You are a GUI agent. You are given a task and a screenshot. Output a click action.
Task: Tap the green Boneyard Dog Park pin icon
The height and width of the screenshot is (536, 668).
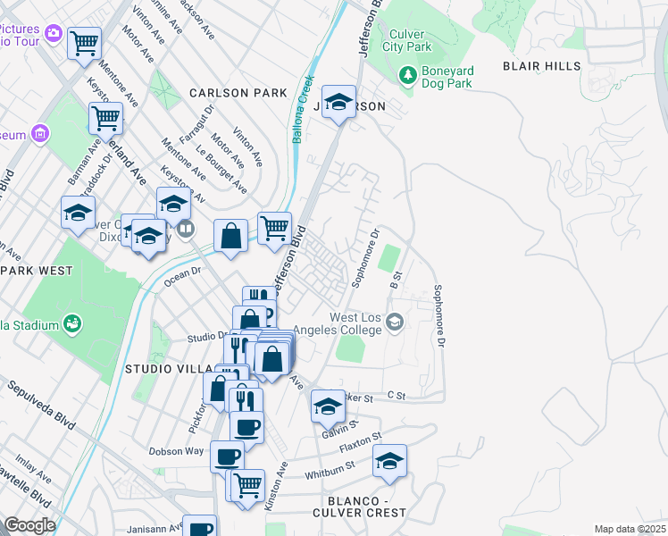point(407,75)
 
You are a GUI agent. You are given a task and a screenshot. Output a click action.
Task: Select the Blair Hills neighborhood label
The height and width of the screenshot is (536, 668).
point(541,66)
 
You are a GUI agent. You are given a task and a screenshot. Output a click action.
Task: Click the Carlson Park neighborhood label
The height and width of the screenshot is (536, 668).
point(238,93)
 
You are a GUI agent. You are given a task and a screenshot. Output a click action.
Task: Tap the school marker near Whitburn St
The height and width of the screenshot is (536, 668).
point(389,461)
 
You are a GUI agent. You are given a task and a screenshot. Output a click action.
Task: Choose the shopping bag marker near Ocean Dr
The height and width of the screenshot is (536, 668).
point(230,237)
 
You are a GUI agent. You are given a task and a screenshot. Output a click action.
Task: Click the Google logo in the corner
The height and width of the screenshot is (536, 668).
point(29,526)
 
